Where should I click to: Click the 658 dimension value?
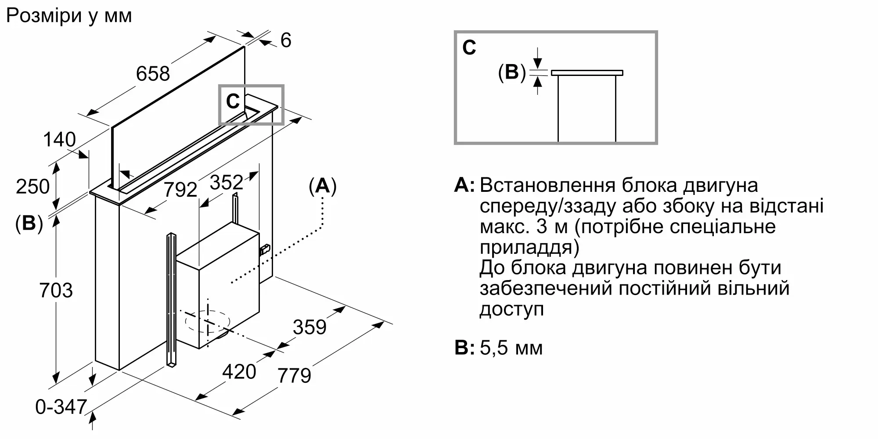153,73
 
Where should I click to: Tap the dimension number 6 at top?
286,40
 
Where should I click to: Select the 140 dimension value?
59,140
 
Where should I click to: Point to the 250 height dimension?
33,187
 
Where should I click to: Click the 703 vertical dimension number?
56,291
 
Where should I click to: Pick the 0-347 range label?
61,407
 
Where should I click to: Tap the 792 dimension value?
180,190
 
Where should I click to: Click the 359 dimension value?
310,327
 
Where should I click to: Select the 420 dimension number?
239,372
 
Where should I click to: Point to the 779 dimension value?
295,376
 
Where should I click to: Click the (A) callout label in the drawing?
323,186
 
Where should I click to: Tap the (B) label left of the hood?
29,223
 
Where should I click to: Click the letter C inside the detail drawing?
469,47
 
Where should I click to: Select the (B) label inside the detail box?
512,72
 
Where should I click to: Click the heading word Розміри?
44,16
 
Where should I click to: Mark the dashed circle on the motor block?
208,323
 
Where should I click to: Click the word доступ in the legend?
512,310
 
